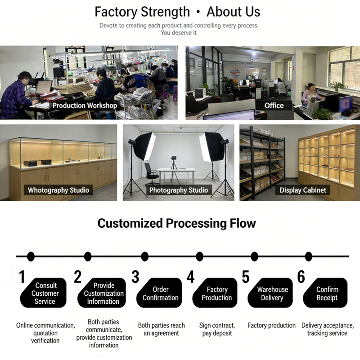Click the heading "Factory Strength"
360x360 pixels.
[142, 11]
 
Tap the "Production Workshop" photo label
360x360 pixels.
[85, 106]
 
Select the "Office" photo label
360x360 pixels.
[274, 106]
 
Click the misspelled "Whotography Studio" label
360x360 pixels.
[58, 190]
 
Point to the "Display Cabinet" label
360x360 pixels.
[303, 190]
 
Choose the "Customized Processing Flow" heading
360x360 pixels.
[177, 223]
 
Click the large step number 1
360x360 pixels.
[22, 277]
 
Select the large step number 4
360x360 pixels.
[191, 277]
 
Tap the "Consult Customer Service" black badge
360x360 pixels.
[45, 293]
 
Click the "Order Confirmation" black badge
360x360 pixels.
[160, 293]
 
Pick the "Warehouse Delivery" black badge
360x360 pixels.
[272, 293]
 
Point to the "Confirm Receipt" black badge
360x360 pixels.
[327, 293]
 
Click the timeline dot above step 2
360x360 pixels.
[88, 256]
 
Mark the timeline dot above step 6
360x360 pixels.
[309, 256]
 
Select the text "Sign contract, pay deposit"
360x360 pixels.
[217, 329]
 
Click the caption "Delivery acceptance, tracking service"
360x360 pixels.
[327, 329]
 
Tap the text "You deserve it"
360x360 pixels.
[179, 33]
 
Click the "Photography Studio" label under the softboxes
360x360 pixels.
[179, 190]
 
